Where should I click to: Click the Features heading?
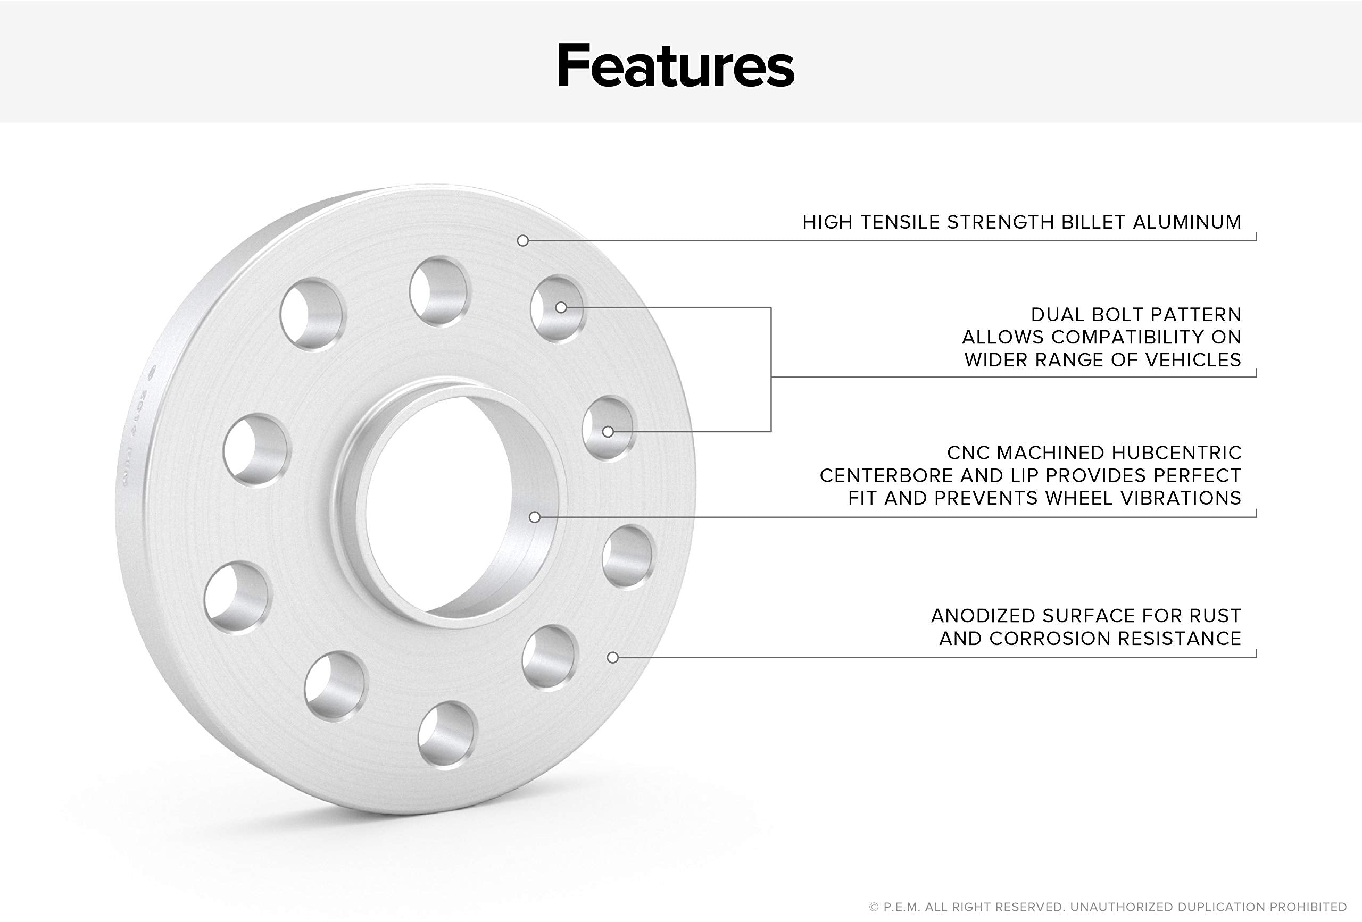[675, 65]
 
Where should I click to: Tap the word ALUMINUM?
[1187, 223]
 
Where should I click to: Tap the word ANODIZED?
[984, 616]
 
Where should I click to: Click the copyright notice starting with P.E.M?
[1108, 907]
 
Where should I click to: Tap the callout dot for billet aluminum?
[523, 241]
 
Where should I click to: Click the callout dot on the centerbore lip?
[535, 517]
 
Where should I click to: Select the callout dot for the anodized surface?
[613, 658]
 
